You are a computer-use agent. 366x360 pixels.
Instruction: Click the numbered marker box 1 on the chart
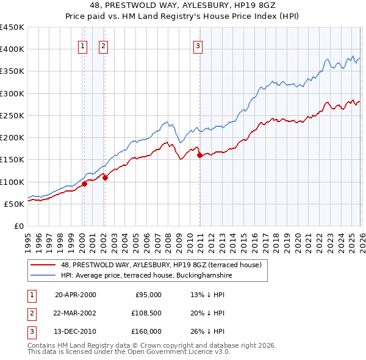[x=82, y=45]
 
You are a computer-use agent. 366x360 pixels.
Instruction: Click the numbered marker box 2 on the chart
[x=103, y=45]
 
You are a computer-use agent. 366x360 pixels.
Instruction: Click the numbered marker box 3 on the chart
[x=198, y=45]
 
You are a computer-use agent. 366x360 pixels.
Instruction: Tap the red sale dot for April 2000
[x=84, y=184]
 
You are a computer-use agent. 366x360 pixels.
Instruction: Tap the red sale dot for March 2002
[x=105, y=178]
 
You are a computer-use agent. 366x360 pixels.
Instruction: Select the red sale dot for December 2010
[x=200, y=156]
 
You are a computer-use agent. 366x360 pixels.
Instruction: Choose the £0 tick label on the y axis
[x=18, y=226]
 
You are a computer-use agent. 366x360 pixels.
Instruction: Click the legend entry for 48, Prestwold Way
[x=161, y=265]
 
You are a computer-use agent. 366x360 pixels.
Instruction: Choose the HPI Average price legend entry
[x=146, y=275]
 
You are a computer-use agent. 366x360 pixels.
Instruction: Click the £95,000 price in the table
[x=148, y=295]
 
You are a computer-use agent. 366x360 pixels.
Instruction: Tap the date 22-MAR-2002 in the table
[x=75, y=312]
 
